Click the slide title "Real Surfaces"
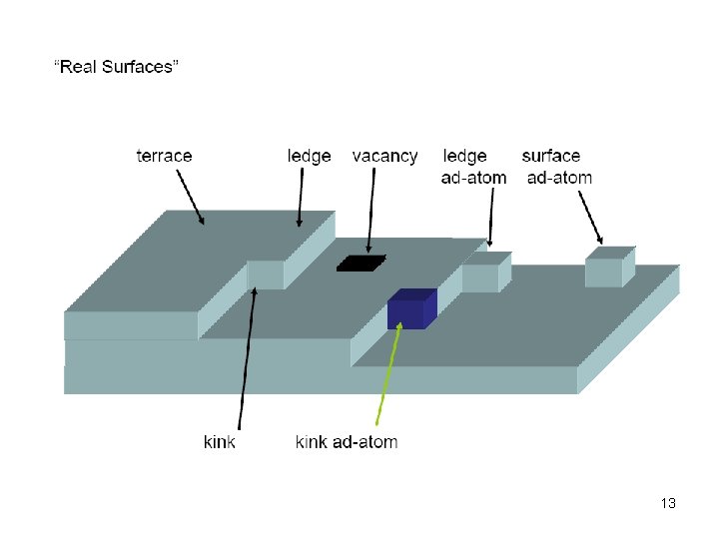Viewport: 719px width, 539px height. pos(116,67)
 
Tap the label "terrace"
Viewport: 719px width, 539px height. pos(164,156)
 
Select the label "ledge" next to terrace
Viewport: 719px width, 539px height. pos(309,156)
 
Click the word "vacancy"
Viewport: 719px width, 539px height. pos(384,156)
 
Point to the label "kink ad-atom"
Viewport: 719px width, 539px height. pos(346,441)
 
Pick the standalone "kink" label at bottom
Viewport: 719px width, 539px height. pos(220,441)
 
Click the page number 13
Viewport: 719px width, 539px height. pos(668,503)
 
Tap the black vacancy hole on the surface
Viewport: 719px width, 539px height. pos(361,263)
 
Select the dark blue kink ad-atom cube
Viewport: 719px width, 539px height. pos(409,309)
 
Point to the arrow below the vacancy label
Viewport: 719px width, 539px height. pos(371,210)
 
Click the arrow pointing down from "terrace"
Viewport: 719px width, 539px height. pos(190,197)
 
